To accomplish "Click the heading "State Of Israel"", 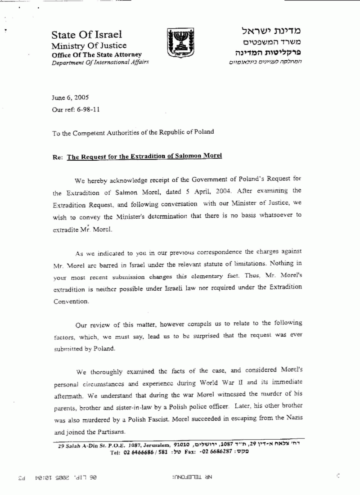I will pyautogui.click(x=86, y=35).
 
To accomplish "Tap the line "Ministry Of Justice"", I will pyautogui.click(x=89, y=45).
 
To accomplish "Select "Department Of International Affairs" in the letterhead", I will pyautogui.click(x=99, y=62).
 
